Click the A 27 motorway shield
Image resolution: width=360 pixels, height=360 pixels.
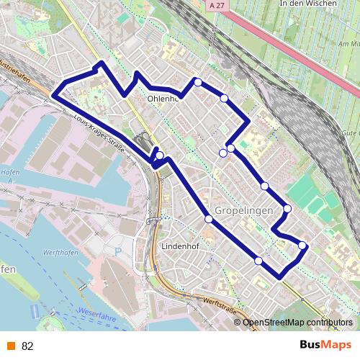click(213, 5)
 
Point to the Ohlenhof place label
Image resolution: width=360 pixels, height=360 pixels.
click(162, 99)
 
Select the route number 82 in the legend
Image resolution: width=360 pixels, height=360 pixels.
click(27, 346)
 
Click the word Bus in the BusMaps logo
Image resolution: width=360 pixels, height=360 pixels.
click(312, 345)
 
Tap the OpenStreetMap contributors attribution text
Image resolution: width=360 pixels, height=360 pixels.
click(298, 323)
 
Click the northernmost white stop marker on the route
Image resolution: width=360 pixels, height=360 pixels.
click(198, 82)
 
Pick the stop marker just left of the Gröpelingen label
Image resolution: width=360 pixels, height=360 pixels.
click(209, 218)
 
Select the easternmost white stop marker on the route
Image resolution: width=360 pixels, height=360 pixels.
click(302, 246)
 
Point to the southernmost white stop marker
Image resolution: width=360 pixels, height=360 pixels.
click(258, 260)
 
